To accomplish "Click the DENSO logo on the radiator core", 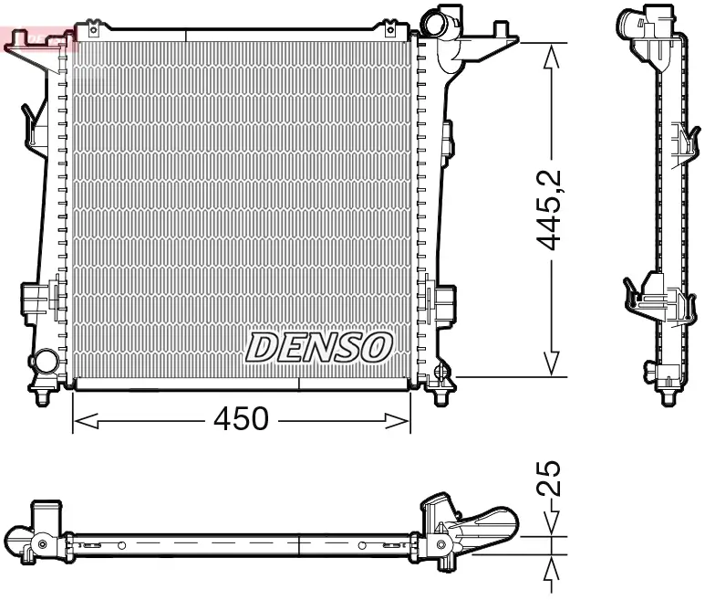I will tap(319, 346).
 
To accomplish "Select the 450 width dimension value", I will tap(241, 418).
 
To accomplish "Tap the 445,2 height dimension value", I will tap(550, 209).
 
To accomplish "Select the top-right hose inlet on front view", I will tap(444, 23).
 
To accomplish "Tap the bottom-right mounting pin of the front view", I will tap(442, 398).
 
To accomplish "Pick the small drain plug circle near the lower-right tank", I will tap(441, 372).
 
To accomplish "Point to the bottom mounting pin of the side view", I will tap(667, 398).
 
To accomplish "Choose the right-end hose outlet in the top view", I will tap(492, 528).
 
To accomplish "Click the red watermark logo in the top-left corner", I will tap(36, 37).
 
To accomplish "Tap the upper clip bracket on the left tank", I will tap(34, 123).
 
